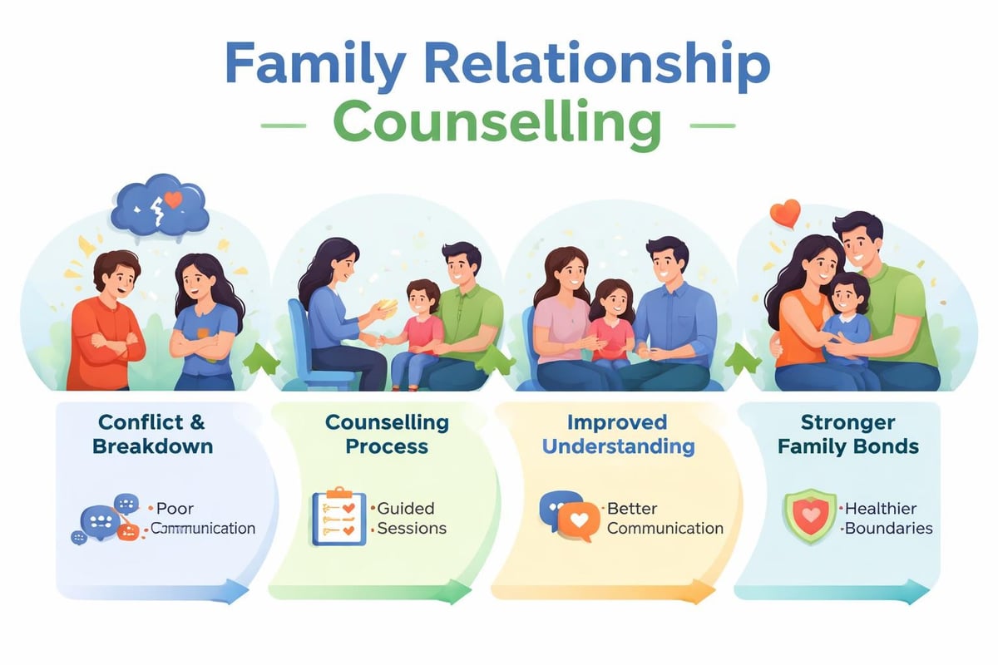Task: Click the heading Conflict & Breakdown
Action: point(153,434)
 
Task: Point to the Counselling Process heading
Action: point(387,434)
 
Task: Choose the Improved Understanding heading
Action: point(618,434)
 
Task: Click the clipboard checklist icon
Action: point(338,518)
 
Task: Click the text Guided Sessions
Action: point(412,518)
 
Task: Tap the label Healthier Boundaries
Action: point(887,518)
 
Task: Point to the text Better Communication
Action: point(665,518)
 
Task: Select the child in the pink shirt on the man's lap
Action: point(413,332)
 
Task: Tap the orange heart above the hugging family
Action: point(784,213)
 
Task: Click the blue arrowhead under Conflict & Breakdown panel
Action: point(236,591)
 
